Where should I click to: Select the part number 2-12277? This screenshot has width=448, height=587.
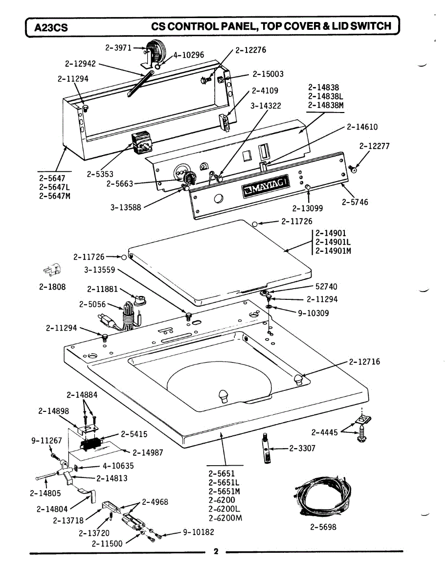(374, 146)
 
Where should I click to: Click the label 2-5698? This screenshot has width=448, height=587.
(323, 527)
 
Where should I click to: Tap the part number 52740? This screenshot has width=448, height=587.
(326, 287)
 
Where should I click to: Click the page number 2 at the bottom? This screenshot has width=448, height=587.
(215, 552)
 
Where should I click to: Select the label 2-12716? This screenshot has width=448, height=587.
(364, 362)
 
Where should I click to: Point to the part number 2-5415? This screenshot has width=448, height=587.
(134, 434)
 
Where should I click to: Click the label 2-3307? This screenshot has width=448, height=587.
(302, 448)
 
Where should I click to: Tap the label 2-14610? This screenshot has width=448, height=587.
(362, 127)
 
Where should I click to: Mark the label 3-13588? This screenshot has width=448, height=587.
(126, 207)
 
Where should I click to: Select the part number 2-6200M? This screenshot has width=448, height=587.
(225, 518)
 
